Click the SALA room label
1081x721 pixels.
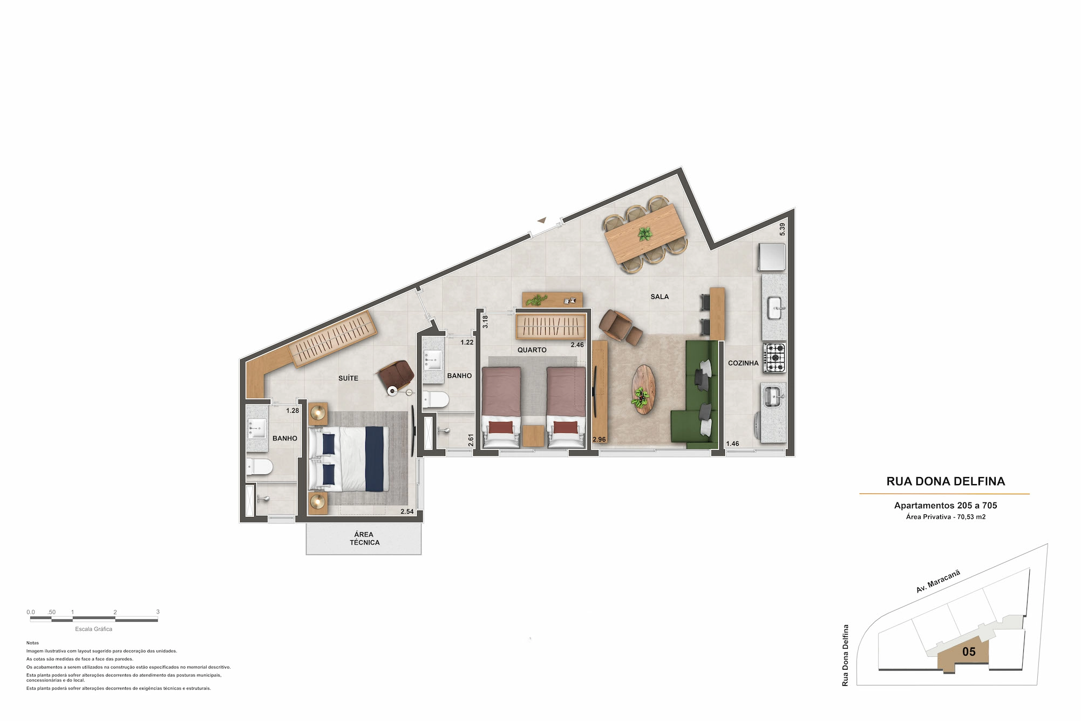pyautogui.click(x=660, y=297)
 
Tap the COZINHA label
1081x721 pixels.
pyautogui.click(x=743, y=363)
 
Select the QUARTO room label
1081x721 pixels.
pyautogui.click(x=532, y=350)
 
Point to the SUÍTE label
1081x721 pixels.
pyautogui.click(x=348, y=378)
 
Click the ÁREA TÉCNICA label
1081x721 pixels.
pyautogui.click(x=364, y=538)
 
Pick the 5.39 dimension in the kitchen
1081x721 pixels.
pyautogui.click(x=782, y=229)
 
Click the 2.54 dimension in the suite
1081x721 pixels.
pyautogui.click(x=407, y=512)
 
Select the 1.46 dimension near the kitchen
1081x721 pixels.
pyautogui.click(x=732, y=444)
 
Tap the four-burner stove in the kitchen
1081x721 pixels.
pyautogui.click(x=774, y=358)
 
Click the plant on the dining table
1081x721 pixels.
pyautogui.click(x=644, y=234)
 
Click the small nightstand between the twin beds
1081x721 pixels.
pyautogui.click(x=533, y=436)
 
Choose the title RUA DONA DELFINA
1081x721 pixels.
pyautogui.click(x=946, y=481)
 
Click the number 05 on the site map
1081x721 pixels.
pyautogui.click(x=969, y=652)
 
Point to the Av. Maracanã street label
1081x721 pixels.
pyautogui.click(x=938, y=581)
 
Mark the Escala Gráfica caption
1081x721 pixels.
pyautogui.click(x=94, y=629)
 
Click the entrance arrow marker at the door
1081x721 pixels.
pyautogui.click(x=542, y=220)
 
